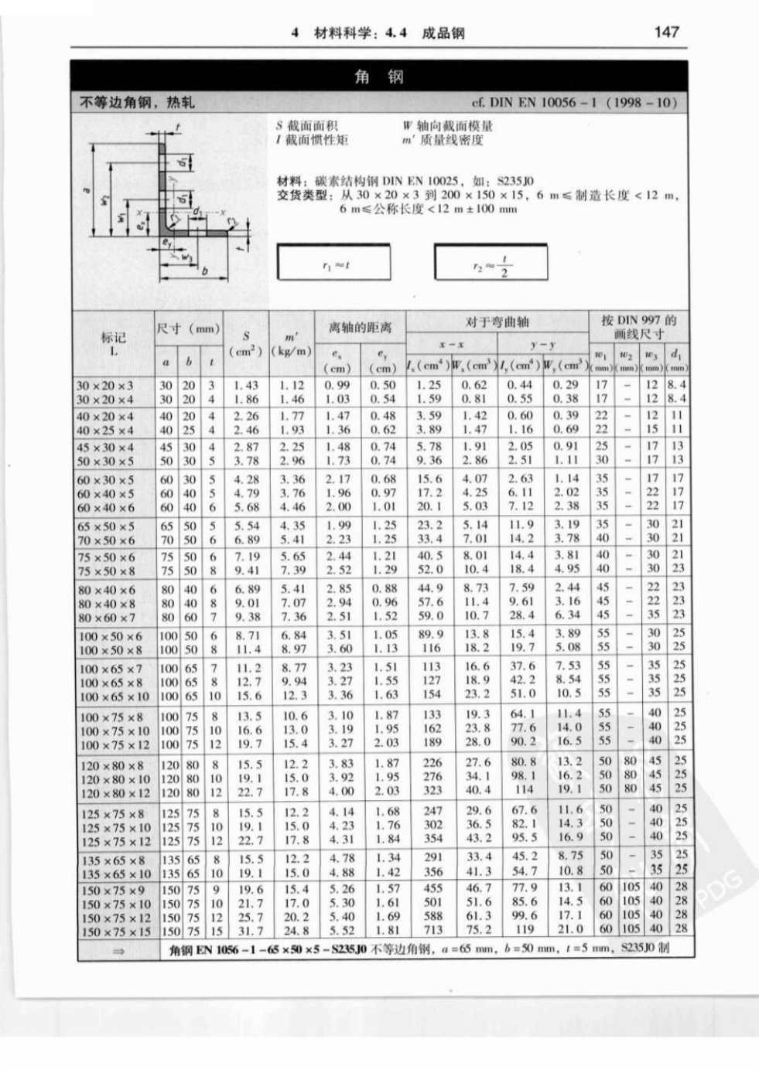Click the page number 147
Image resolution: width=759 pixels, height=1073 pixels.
pos(665,32)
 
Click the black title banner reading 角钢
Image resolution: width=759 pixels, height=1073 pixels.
pos(378,77)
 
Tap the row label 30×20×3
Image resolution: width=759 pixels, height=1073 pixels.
pos(104,385)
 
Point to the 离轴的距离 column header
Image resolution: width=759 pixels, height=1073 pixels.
pos(360,328)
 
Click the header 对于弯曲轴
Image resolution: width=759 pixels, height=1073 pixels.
pos(497,322)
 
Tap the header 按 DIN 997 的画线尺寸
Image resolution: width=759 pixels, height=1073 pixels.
pos(638,326)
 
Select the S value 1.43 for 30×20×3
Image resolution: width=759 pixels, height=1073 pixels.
pos(246,385)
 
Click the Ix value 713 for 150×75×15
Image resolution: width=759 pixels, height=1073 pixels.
pos(432,930)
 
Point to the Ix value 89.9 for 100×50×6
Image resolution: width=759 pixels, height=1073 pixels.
pos(431,635)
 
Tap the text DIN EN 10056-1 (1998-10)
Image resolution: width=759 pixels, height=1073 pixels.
pos(574,102)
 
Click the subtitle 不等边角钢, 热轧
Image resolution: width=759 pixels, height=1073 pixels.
pos(138,102)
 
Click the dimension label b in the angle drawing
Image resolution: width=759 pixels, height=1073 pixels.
pos(204,271)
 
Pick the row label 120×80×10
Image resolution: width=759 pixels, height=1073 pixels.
pos(114,778)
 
